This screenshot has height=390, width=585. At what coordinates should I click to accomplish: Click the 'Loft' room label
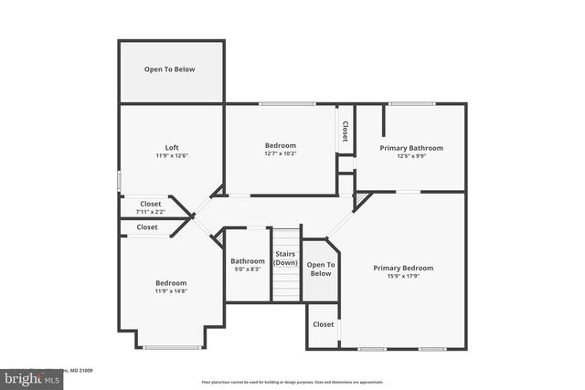171,147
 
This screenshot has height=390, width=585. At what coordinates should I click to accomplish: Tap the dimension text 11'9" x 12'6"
171,156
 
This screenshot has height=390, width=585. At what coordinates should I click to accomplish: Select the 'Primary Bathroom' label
411,148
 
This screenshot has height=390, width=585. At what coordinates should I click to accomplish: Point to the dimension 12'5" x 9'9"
411,156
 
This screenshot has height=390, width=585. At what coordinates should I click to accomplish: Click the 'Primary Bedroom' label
403,268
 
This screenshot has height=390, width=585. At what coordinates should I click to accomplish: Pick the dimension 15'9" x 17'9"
403,276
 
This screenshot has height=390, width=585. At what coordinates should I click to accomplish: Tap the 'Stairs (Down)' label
286,258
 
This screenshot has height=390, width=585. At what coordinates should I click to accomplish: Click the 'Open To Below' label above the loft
170,69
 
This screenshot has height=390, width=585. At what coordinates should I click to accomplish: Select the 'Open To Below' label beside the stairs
321,269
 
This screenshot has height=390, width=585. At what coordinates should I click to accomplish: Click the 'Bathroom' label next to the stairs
247,261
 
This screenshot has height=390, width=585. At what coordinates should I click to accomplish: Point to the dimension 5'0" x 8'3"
247,269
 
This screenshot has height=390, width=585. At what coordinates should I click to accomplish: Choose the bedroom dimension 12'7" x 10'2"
281,154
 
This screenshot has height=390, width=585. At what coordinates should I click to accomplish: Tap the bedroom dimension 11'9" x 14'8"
171,291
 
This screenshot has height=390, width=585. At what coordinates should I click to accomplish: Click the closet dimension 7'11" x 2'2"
151,212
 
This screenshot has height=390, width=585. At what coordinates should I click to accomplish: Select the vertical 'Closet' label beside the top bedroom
346,132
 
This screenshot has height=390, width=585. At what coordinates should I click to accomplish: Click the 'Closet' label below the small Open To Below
323,324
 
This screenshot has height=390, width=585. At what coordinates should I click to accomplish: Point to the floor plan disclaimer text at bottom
292,382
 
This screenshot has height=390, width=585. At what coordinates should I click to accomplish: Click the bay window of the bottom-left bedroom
171,347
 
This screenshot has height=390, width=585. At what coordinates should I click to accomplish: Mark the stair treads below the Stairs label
286,283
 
